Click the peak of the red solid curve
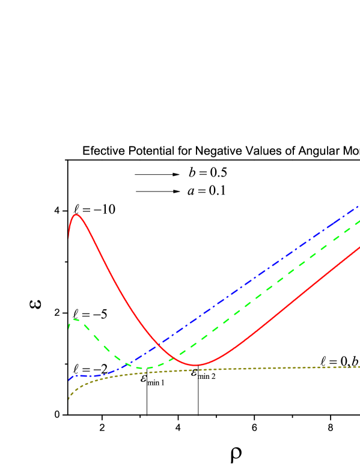pos(76,214)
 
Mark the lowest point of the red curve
pos(195,365)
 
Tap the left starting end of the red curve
pos(69,238)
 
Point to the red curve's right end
pos(359,247)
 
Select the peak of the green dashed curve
pos(75,319)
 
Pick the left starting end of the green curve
pos(69,328)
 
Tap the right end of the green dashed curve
pos(359,221)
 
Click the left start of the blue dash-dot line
pos(69,381)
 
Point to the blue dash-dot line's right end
pos(359,206)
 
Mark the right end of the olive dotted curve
pos(359,366)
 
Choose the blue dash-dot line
pos(252,277)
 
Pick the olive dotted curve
pos(240,369)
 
